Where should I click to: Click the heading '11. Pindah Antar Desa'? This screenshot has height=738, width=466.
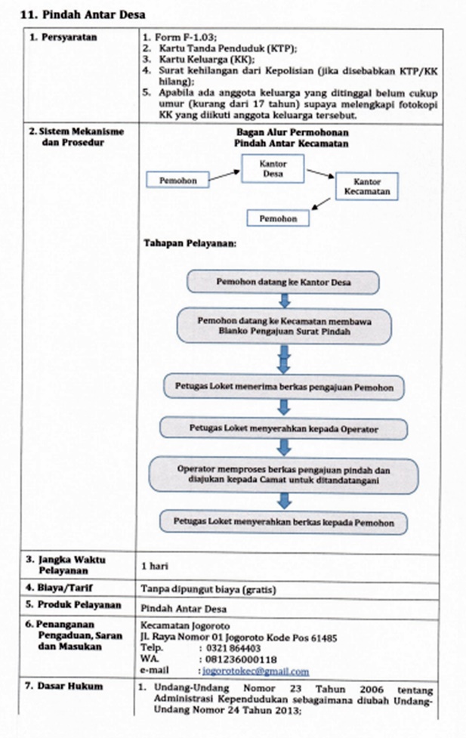83,14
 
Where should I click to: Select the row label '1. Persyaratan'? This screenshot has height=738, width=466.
63,37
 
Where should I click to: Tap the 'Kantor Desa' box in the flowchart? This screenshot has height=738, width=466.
273,168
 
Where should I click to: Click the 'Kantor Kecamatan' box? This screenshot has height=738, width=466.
366,187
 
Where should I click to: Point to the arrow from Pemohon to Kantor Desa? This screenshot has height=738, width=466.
224,175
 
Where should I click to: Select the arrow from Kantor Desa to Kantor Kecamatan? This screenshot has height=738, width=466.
320,174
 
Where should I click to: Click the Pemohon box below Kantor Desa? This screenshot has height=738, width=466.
278,218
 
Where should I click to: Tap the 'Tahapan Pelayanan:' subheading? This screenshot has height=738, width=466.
190,243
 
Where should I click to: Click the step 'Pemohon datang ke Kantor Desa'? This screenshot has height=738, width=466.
283,282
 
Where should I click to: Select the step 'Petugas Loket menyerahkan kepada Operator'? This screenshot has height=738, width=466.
283,429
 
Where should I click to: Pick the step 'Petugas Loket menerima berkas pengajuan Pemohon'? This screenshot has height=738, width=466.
284,388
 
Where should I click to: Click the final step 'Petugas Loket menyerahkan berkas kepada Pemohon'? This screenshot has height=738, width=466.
283,523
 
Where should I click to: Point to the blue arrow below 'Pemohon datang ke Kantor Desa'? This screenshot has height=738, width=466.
284,301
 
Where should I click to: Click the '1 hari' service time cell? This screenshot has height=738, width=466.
154,566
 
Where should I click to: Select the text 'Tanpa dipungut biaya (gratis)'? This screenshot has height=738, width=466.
208,589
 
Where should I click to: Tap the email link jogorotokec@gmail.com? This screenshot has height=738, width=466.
255,672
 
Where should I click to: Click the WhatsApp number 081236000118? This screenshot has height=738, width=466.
241,659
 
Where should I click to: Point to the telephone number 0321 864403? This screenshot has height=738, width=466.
233,649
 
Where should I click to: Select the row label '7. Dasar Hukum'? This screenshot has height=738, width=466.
63,686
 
